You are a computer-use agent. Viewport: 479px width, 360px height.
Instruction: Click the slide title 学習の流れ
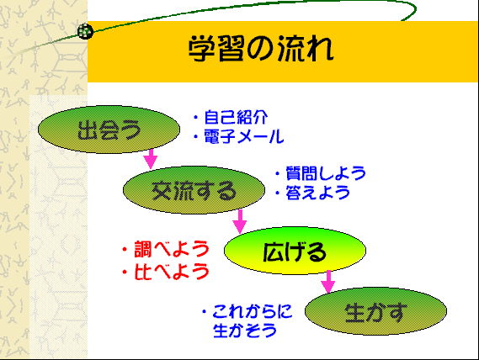(x=261, y=49)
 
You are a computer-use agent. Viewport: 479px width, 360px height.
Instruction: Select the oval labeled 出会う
(x=109, y=130)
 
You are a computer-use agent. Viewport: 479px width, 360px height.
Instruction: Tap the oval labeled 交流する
(x=194, y=190)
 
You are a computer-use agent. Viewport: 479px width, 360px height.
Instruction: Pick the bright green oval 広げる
(x=295, y=251)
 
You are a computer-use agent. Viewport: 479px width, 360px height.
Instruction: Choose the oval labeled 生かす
(x=375, y=311)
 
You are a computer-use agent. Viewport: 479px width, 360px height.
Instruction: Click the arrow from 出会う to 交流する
(x=151, y=159)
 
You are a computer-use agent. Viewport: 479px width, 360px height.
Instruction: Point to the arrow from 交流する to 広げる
(x=240, y=221)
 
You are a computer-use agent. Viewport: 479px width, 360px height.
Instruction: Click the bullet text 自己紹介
(x=236, y=117)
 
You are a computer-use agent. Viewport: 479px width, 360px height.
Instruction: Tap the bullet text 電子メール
(x=244, y=136)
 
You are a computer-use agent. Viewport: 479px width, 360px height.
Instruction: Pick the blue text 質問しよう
(x=326, y=173)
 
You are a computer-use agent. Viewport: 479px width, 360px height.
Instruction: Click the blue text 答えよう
(x=317, y=193)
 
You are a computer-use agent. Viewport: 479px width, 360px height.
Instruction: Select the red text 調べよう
(x=172, y=249)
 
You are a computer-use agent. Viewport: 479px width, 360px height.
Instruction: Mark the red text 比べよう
(x=172, y=272)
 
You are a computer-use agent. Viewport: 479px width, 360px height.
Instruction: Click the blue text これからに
(x=253, y=311)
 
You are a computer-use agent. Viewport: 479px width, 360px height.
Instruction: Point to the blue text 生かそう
(x=245, y=331)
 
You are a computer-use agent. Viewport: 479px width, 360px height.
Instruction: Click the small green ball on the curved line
(x=85, y=31)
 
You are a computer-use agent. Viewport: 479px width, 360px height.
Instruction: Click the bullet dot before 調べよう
(x=125, y=250)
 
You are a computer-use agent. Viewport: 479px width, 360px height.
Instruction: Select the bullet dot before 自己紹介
(x=196, y=117)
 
